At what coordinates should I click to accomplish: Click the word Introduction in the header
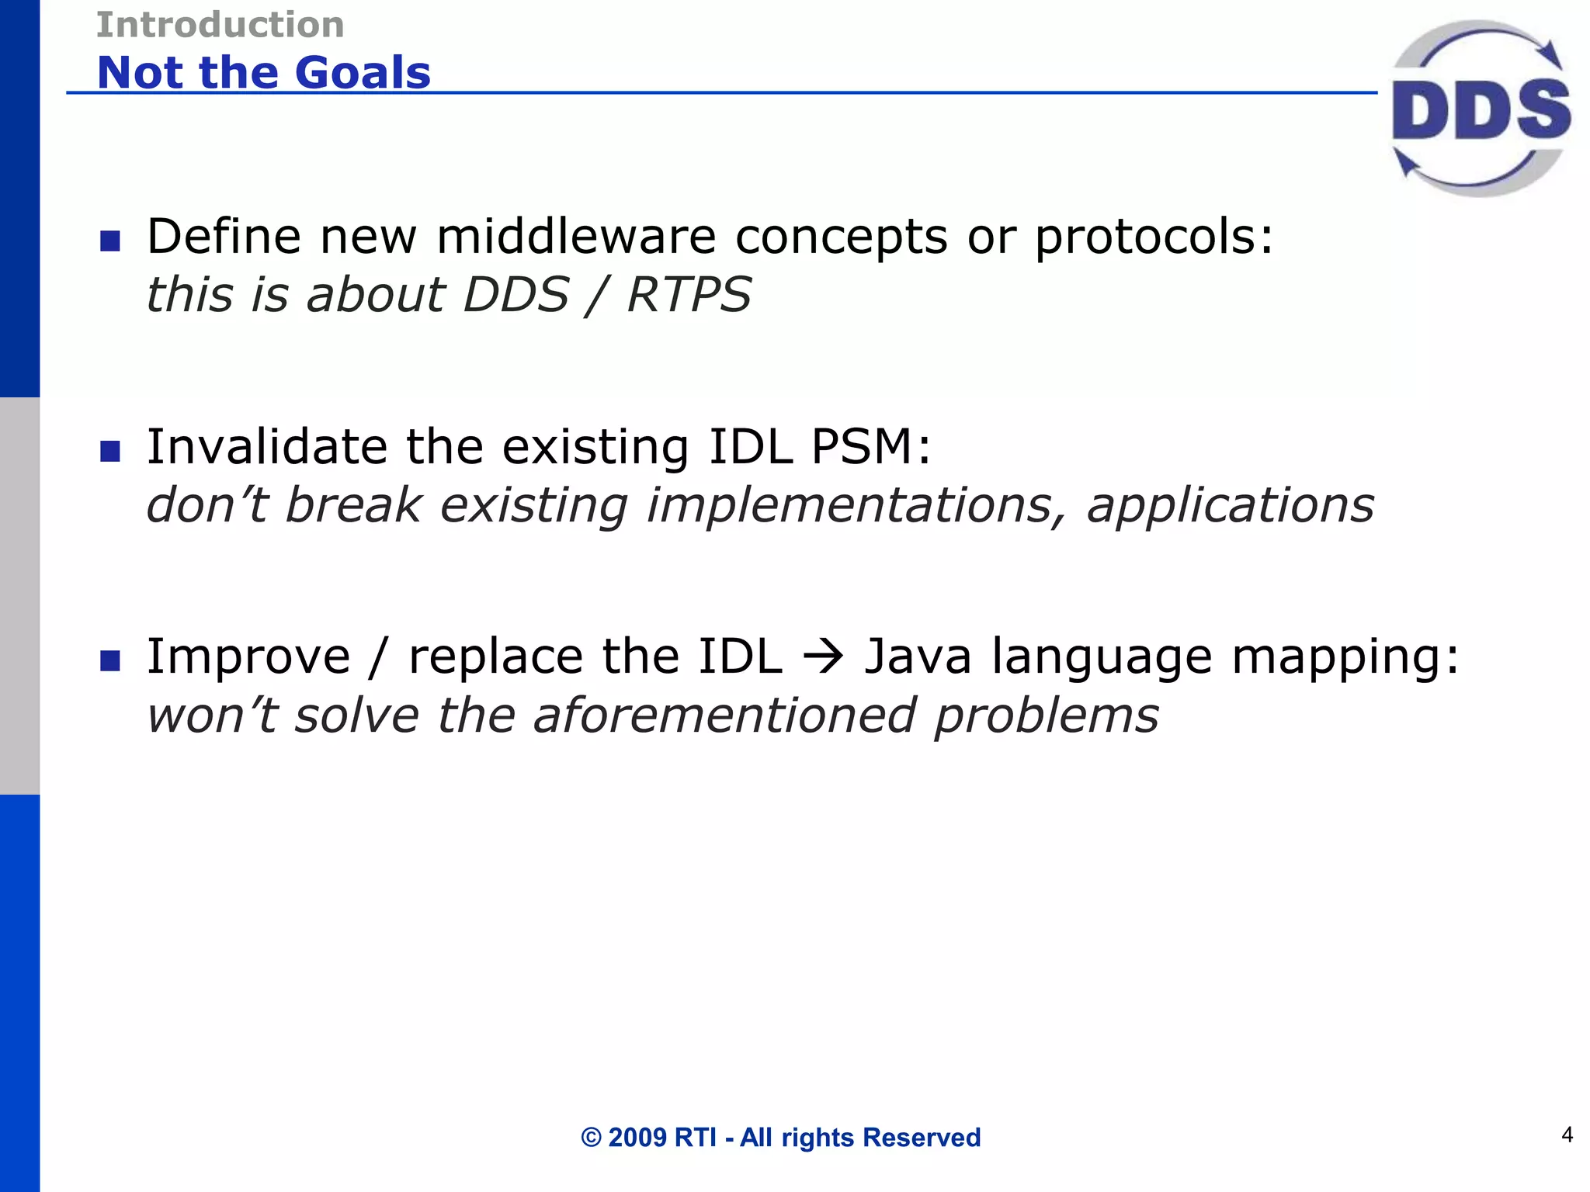pos(220,25)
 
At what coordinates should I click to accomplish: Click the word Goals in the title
pos(363,73)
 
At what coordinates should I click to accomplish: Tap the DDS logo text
pos(1481,110)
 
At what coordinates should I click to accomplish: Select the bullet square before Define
pos(110,241)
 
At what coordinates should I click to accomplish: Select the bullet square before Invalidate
pos(110,451)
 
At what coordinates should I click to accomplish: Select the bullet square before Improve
pos(110,660)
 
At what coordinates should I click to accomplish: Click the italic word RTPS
pos(689,295)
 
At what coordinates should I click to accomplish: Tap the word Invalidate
pos(266,447)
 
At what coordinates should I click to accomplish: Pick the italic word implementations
pos(856,506)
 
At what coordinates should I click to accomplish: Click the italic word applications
pos(1230,506)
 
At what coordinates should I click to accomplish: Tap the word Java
pos(918,657)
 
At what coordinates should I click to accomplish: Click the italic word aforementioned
pos(724,715)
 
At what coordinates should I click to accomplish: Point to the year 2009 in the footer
pos(637,1138)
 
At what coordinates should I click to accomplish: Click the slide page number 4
pos(1567,1135)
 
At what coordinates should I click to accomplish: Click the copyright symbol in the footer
pos(591,1138)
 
